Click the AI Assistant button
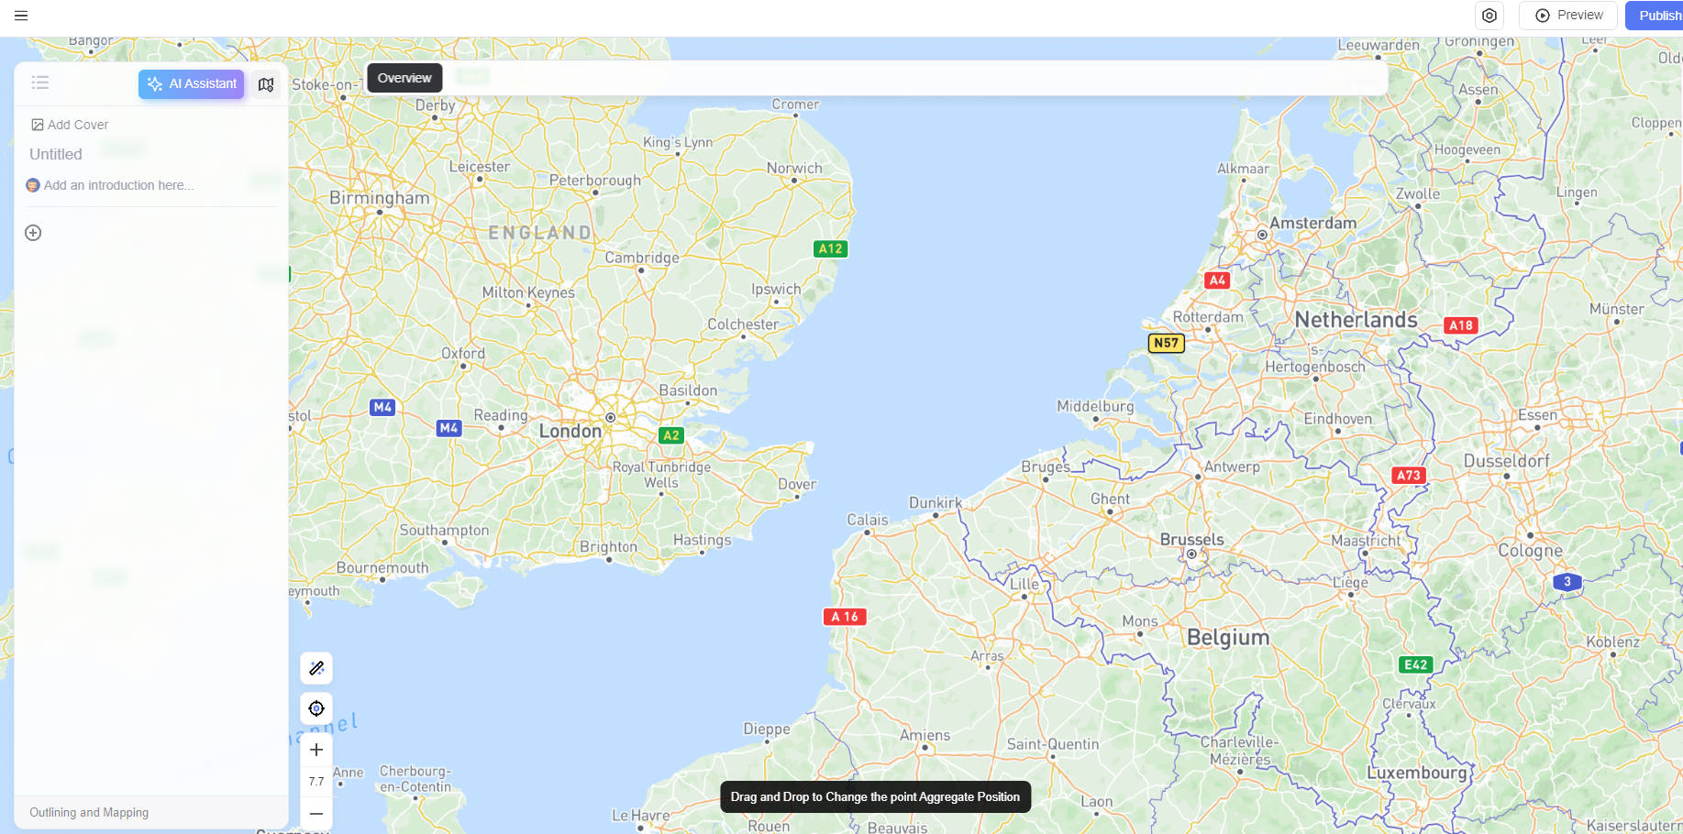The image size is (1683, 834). coord(192,84)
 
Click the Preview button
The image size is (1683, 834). coord(1568,16)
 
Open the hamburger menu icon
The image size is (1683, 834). coord(21,16)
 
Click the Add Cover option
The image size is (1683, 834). coord(70,125)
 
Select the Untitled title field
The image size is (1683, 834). coord(56,154)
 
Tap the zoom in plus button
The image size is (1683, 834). coord(316,750)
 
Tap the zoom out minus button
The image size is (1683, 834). coord(316,813)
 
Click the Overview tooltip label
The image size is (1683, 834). coord(404,78)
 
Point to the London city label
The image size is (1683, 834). coord(570,431)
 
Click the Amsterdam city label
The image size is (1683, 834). coord(1312,223)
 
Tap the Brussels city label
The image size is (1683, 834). coord(1191,540)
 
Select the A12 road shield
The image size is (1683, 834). coord(830,248)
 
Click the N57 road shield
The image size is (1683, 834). coord(1166,343)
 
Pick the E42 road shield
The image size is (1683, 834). coord(1415,664)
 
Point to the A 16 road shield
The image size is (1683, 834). coord(845,617)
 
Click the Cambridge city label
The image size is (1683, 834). coord(642,258)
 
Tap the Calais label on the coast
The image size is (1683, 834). coord(867,520)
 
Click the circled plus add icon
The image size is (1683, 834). coord(33,233)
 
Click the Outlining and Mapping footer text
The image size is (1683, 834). coord(89,813)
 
